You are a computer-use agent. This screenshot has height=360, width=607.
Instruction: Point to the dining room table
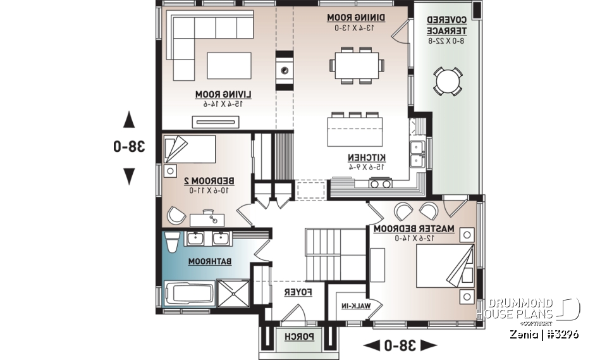(355, 64)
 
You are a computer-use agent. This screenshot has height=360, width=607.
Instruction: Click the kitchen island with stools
(355, 130)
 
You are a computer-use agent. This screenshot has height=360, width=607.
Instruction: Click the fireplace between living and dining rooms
(285, 70)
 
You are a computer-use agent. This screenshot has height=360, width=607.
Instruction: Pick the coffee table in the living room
(228, 65)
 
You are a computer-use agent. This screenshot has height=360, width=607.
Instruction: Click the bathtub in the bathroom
(188, 294)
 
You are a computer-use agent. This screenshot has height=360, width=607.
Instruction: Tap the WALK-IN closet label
(358, 307)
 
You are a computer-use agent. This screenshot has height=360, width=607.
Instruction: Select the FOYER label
(296, 292)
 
